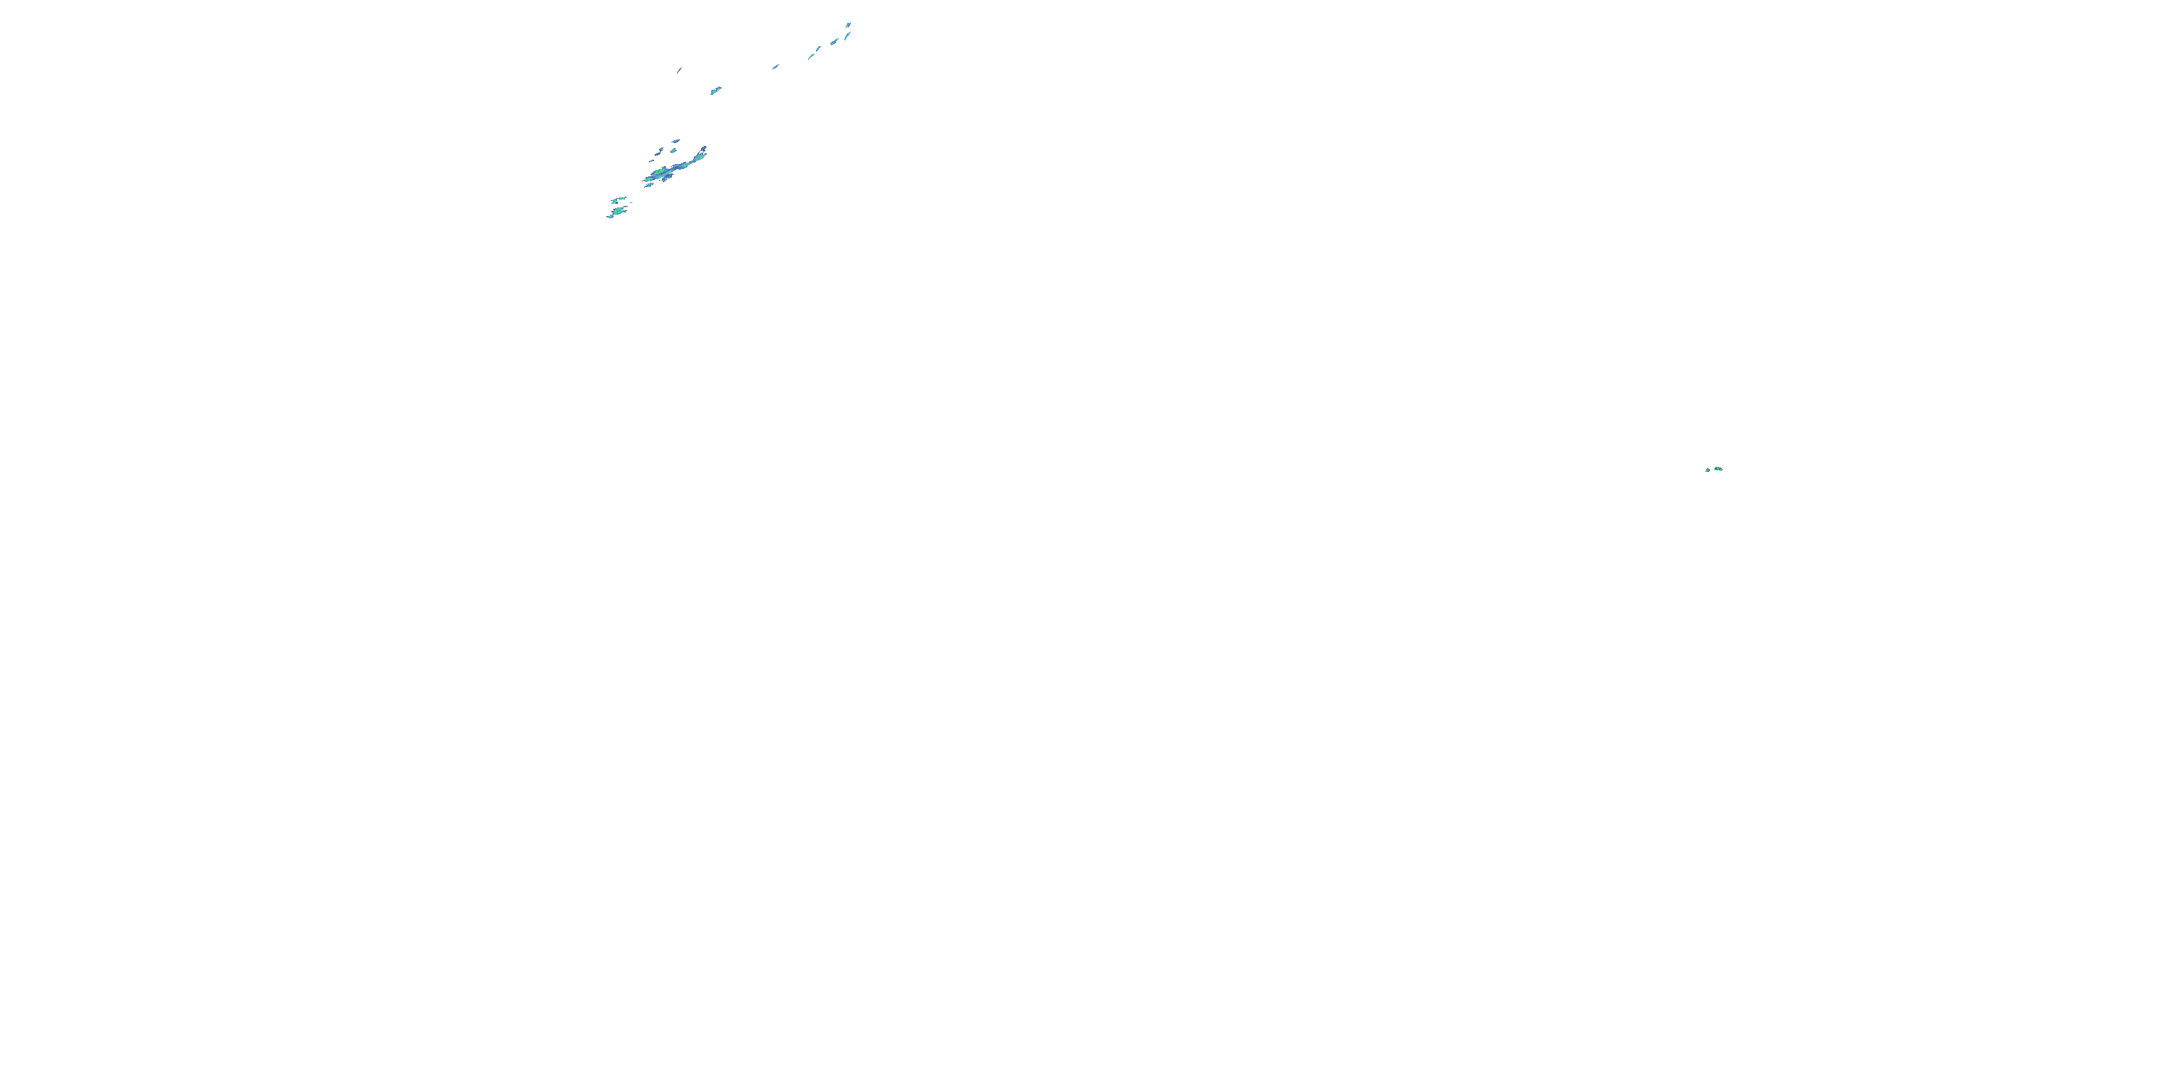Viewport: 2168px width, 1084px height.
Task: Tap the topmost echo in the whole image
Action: click(848, 25)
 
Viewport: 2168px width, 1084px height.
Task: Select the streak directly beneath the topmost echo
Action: click(847, 35)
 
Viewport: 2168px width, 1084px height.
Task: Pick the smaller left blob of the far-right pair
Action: click(1707, 470)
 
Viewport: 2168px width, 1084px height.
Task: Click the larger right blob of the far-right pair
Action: click(1717, 468)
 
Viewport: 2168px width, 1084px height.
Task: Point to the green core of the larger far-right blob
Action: click(1717, 468)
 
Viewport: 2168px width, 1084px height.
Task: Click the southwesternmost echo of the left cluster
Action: click(615, 212)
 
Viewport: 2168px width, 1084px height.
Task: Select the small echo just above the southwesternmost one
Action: click(619, 199)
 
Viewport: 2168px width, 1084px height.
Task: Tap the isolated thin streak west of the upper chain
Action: click(679, 70)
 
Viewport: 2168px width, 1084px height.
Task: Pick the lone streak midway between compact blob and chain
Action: click(775, 66)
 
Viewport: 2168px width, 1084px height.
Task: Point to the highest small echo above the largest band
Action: click(675, 140)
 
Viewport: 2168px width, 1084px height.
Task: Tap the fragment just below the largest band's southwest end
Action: click(649, 185)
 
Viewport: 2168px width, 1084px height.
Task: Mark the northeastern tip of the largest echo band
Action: click(705, 149)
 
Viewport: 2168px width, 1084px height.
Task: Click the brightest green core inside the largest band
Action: click(658, 173)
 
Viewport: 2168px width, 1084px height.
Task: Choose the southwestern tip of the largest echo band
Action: click(645, 179)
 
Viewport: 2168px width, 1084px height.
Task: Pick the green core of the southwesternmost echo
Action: click(619, 210)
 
